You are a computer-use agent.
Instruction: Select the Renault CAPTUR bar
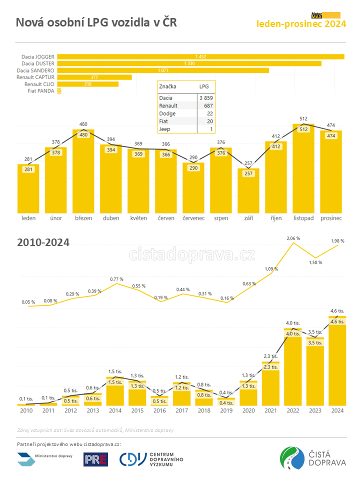(94, 77)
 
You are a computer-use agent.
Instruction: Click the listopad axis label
(303, 218)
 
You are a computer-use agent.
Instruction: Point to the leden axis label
(28, 218)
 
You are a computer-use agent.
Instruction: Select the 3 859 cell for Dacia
(206, 98)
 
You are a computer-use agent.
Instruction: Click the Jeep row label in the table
(164, 129)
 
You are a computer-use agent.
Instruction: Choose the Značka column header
(167, 86)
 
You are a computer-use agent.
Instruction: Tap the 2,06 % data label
(293, 238)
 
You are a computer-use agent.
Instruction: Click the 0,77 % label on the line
(116, 279)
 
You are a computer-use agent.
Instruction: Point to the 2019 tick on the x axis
(226, 410)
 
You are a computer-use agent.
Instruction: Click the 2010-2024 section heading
(43, 242)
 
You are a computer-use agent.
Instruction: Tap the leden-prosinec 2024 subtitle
(301, 23)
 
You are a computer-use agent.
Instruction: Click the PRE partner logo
(95, 459)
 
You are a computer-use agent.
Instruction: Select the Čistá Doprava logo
(313, 458)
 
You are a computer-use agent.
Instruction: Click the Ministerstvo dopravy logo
(45, 458)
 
